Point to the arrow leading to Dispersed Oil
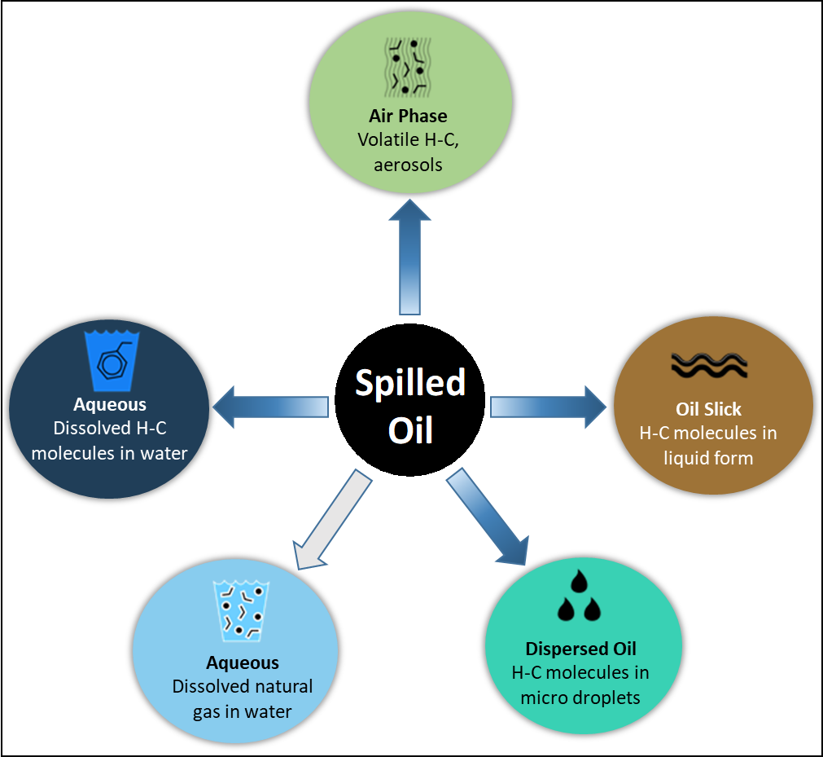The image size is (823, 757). pyautogui.click(x=488, y=517)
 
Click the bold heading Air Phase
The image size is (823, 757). pyautogui.click(x=408, y=116)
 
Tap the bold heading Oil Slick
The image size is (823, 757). pyautogui.click(x=708, y=409)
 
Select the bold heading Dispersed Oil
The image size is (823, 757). pyautogui.click(x=580, y=649)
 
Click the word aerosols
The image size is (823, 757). pyautogui.click(x=408, y=165)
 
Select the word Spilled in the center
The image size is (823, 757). pyautogui.click(x=410, y=383)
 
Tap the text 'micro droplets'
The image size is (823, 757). pyautogui.click(x=580, y=698)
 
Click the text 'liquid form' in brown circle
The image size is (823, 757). pyautogui.click(x=708, y=458)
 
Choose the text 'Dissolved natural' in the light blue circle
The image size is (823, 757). pyautogui.click(x=242, y=687)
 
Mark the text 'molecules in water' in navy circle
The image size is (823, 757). pyautogui.click(x=110, y=452)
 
